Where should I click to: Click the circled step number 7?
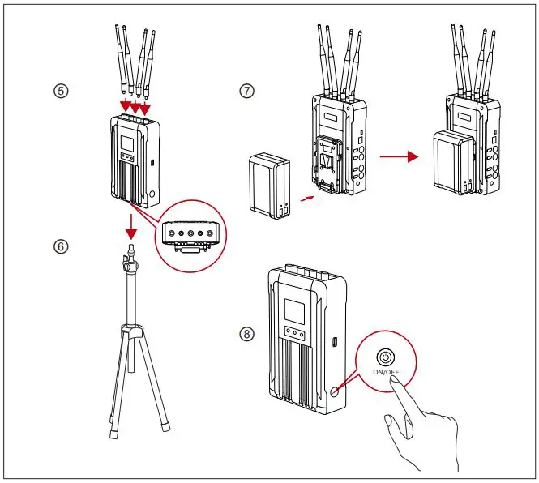click(246, 91)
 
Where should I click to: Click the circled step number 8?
click(246, 334)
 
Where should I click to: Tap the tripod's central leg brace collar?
click(132, 330)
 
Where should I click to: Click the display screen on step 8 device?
click(293, 310)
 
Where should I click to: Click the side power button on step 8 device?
click(335, 391)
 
